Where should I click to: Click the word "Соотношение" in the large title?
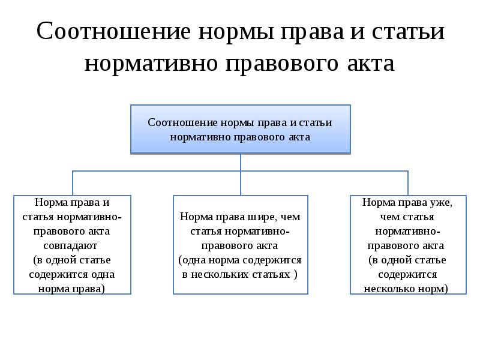(113, 31)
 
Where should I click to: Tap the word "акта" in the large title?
(371, 64)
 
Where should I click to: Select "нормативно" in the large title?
(151, 64)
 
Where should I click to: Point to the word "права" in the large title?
(312, 32)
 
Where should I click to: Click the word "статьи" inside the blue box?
(316, 122)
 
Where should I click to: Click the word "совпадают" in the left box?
(70, 245)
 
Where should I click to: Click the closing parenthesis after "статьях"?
(295, 274)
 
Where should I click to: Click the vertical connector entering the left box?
(73, 183)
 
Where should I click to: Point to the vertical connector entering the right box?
(408, 183)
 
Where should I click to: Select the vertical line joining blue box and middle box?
(241, 174)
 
